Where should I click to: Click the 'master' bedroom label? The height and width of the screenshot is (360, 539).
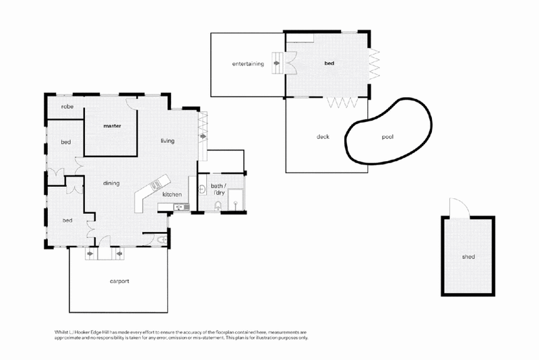(113, 126)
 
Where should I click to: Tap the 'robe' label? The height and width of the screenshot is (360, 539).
(67, 107)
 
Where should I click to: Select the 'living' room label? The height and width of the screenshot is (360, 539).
(167, 141)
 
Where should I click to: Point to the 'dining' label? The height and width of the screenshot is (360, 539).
(111, 183)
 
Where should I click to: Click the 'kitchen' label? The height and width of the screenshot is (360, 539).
(172, 195)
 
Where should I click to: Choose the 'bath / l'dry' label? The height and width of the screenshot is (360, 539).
(218, 189)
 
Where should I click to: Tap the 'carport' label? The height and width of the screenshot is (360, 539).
(120, 281)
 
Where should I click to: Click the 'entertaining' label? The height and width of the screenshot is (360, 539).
(248, 63)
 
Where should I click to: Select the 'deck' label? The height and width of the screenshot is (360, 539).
(323, 137)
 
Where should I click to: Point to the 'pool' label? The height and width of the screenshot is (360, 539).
(387, 137)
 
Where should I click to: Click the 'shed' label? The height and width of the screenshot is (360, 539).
(468, 257)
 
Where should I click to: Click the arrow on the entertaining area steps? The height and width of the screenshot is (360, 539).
(277, 63)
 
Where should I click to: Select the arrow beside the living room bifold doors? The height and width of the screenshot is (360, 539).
(203, 136)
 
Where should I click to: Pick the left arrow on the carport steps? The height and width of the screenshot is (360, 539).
(90, 254)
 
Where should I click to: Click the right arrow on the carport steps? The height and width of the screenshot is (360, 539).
(120, 254)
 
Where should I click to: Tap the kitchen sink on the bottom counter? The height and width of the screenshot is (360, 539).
(181, 207)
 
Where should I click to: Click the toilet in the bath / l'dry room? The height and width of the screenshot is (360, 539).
(218, 206)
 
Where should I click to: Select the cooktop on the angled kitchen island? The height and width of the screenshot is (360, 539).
(156, 185)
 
